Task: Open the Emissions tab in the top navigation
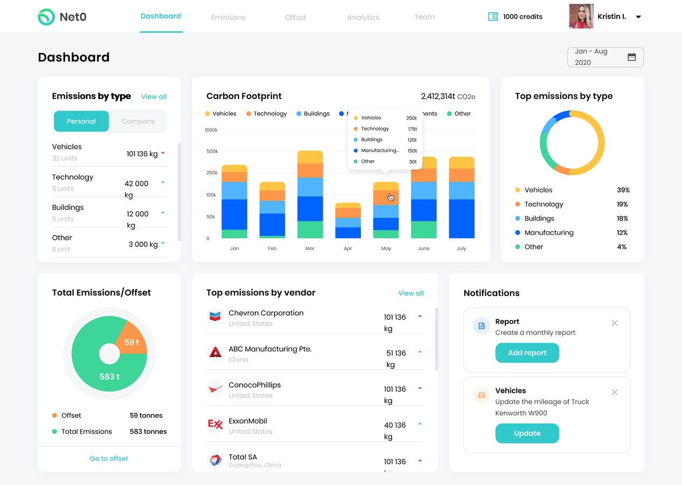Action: (228, 17)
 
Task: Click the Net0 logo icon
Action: (46, 17)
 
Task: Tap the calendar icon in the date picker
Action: (632, 57)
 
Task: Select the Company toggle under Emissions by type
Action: (138, 121)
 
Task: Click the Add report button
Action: (527, 353)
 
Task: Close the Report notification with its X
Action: (615, 323)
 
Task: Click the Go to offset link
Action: (109, 459)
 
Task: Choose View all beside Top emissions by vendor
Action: (410, 293)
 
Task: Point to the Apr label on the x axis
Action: (348, 248)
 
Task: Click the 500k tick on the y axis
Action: (212, 151)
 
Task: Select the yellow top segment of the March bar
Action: (310, 157)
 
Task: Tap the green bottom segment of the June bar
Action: (424, 230)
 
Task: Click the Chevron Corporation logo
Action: (215, 316)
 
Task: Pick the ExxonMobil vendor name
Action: (248, 421)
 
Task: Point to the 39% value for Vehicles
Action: (623, 190)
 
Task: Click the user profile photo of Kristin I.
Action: (581, 17)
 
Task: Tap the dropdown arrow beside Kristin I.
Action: (638, 17)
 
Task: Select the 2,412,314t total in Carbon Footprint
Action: (438, 96)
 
